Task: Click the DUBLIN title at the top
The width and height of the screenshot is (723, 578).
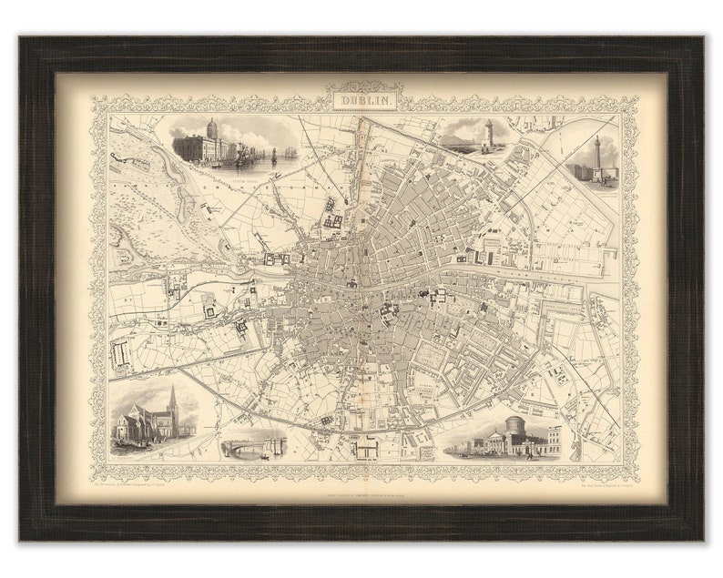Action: click(x=361, y=96)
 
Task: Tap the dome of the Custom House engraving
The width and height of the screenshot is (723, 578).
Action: click(x=212, y=127)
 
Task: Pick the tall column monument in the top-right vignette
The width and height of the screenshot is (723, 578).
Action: click(x=597, y=155)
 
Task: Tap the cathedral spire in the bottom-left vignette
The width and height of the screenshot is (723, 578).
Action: click(x=172, y=399)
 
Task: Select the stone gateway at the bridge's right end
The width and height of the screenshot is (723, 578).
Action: click(x=279, y=444)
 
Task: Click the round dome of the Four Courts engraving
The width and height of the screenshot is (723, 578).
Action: click(x=516, y=426)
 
